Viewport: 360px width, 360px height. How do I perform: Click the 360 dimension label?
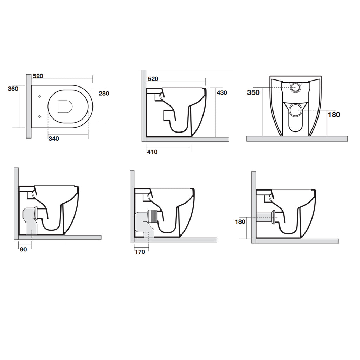point(13,89)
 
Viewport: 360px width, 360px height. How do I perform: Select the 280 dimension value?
point(104,94)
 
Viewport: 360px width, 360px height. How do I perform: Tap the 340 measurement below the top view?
point(54,139)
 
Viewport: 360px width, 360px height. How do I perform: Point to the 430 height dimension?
point(222,93)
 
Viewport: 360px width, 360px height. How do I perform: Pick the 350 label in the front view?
point(253,92)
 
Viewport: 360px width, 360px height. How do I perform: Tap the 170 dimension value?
point(140,252)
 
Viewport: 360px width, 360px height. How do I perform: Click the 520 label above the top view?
point(38,76)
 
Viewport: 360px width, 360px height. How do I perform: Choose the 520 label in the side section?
point(153,79)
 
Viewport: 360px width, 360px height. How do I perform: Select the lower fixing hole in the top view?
point(39,116)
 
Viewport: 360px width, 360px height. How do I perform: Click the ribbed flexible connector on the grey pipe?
point(153,216)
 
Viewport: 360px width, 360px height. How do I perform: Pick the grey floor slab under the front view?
point(297,139)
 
